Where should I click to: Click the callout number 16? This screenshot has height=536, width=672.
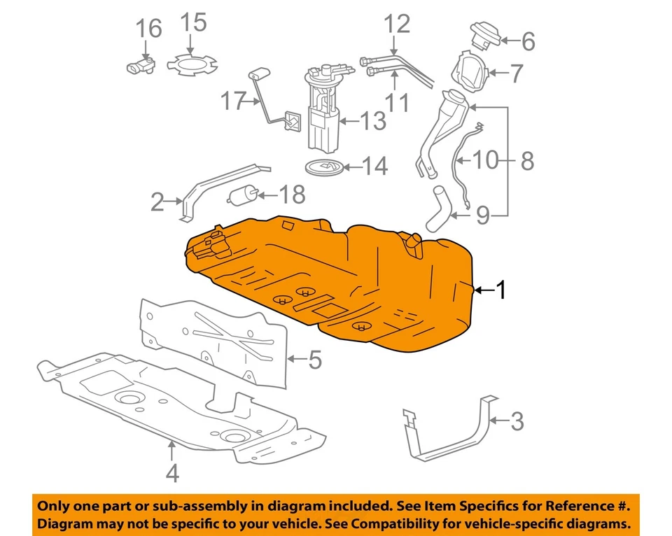pyautogui.click(x=148, y=29)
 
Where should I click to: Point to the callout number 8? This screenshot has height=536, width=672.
pyautogui.click(x=526, y=162)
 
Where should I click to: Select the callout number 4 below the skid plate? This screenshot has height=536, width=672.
pyautogui.click(x=171, y=474)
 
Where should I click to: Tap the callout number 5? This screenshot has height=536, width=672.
pyautogui.click(x=314, y=360)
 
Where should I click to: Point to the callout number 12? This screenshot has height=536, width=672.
pyautogui.click(x=396, y=26)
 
